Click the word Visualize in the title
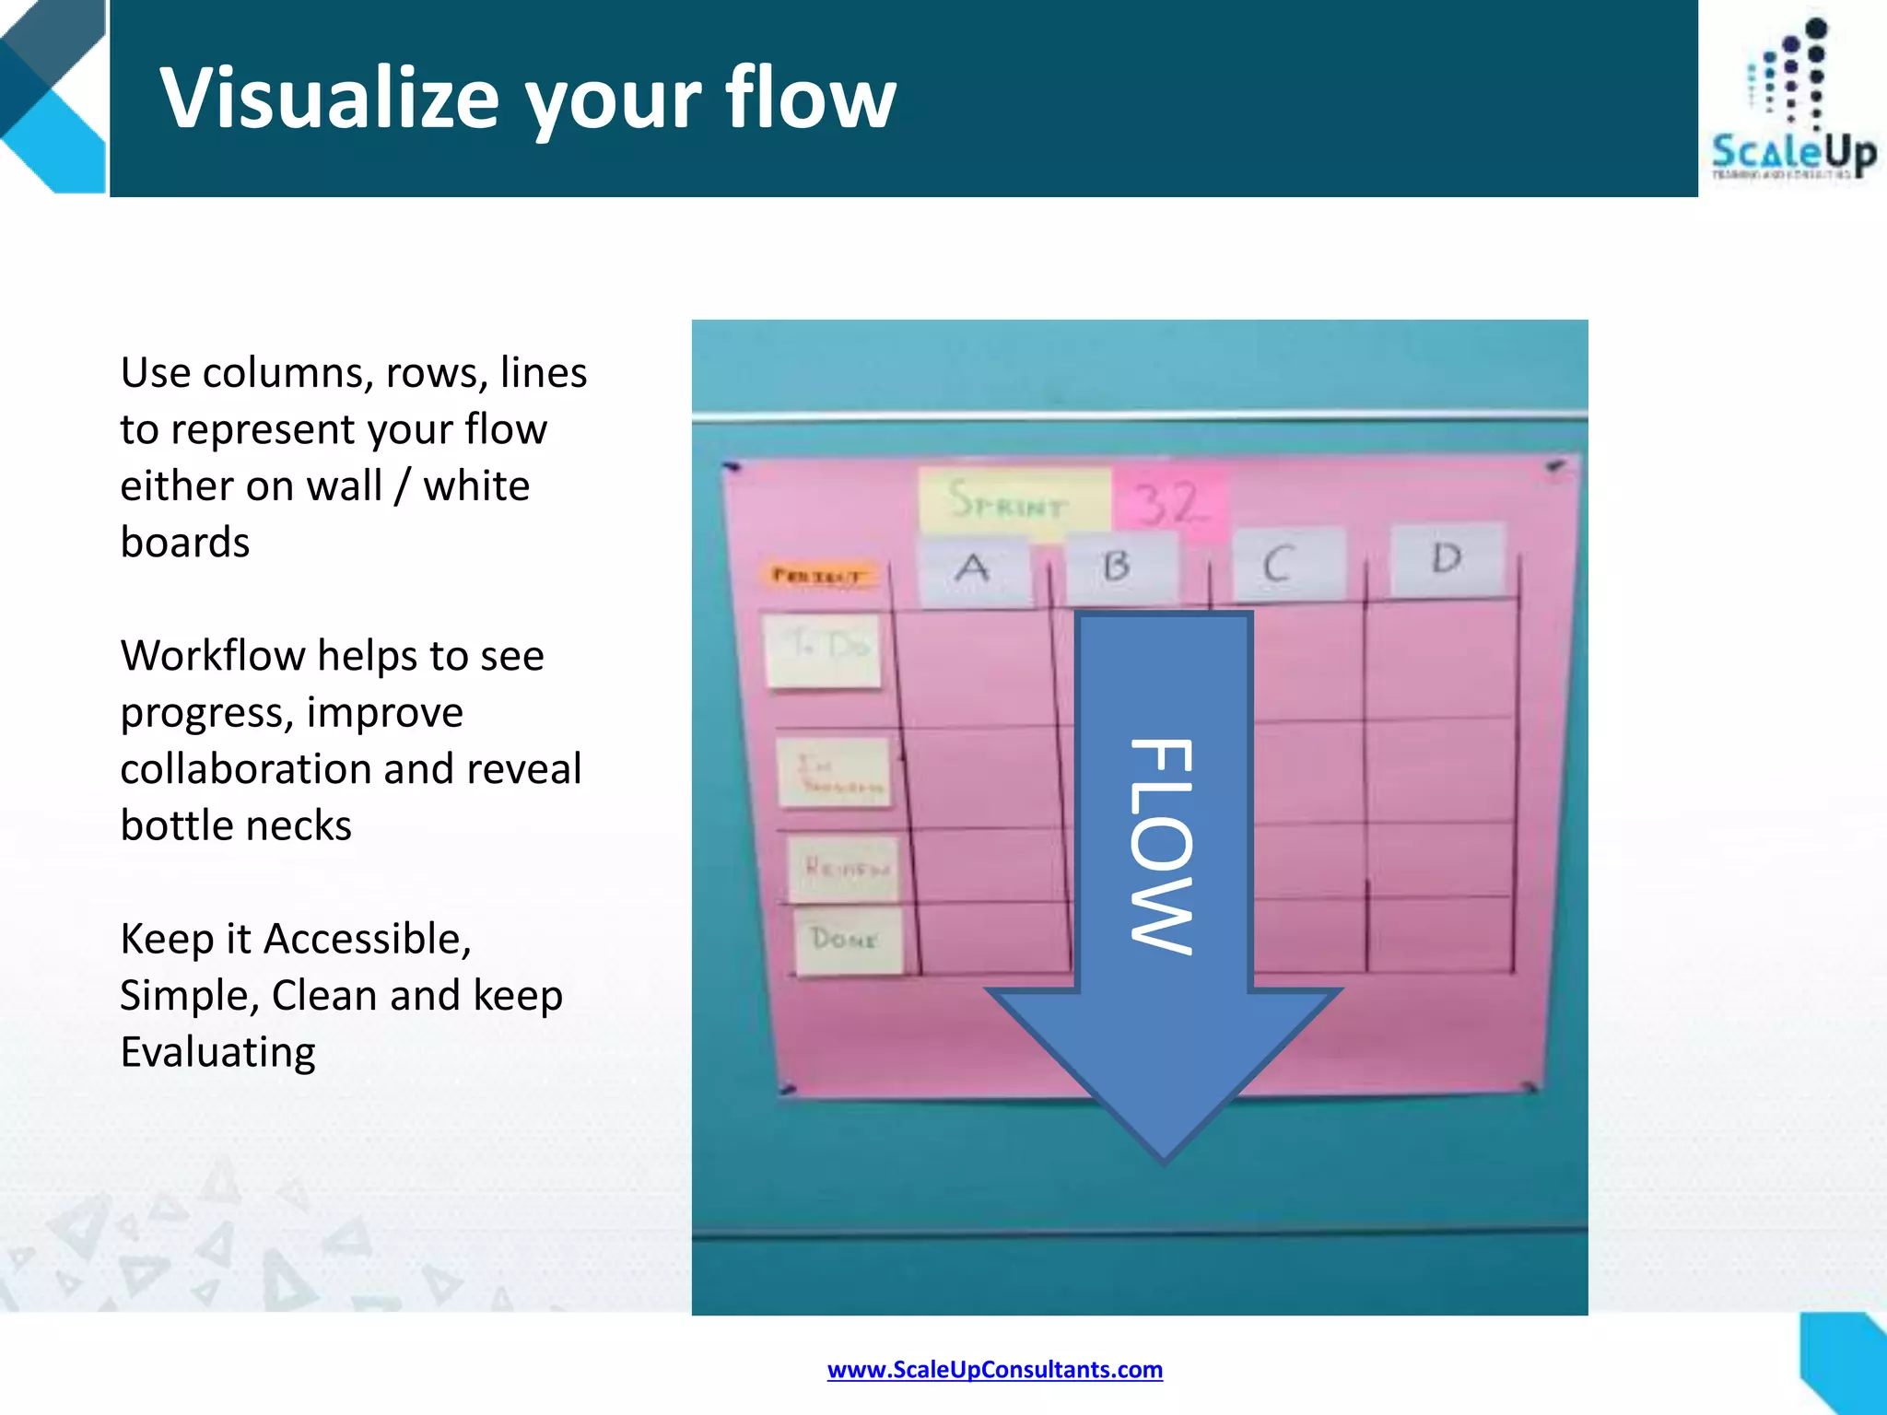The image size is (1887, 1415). pos(330,99)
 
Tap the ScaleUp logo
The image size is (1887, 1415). pos(1792,101)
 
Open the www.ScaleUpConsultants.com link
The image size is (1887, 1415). pos(994,1370)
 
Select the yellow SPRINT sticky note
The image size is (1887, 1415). pos(1014,502)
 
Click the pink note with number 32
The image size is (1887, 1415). pos(1168,504)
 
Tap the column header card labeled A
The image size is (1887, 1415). pos(974,571)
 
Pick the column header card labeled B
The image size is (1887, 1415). pos(1119,567)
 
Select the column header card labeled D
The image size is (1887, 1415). pos(1447,559)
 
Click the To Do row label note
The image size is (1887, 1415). pos(823,650)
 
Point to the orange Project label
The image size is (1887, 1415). pos(818,576)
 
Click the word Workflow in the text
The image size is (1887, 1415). pos(211,656)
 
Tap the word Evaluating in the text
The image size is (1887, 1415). pos(217,1052)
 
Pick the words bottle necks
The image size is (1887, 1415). pos(236,825)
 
